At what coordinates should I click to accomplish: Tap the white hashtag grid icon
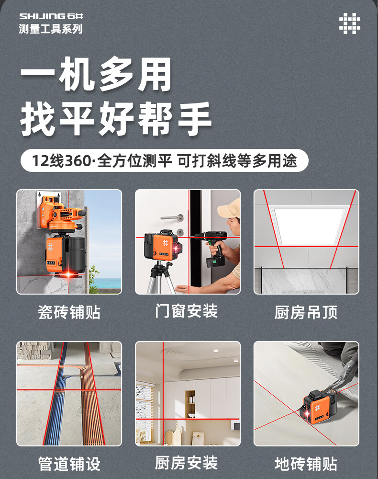pyautogui.click(x=350, y=23)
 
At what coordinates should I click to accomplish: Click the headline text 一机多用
pyautogui.click(x=96, y=74)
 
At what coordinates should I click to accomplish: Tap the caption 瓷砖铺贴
pyautogui.click(x=69, y=312)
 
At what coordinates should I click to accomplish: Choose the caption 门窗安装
pyautogui.click(x=186, y=311)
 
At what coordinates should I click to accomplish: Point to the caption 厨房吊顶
pyautogui.click(x=306, y=312)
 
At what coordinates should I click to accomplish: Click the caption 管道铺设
pyautogui.click(x=69, y=464)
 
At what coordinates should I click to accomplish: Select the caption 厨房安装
pyautogui.click(x=186, y=463)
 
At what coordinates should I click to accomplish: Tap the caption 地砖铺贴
pyautogui.click(x=306, y=464)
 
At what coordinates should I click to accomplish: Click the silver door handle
pyautogui.click(x=172, y=217)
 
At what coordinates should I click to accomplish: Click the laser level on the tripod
pyautogui.click(x=162, y=245)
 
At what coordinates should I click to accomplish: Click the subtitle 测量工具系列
pyautogui.click(x=51, y=29)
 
